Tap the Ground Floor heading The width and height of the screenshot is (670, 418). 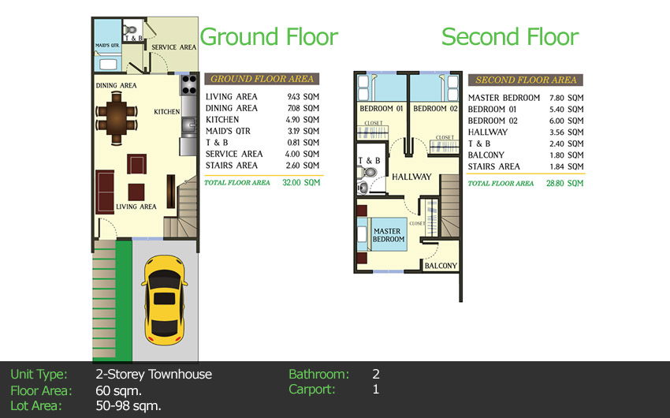tap(269, 37)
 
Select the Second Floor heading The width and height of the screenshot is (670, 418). tap(509, 37)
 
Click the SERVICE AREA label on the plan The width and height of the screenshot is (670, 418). tap(173, 47)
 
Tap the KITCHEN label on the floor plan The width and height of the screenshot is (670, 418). tap(167, 112)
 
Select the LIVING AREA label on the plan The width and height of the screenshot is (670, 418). tap(136, 207)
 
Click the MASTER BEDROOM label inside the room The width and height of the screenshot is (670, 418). tap(389, 235)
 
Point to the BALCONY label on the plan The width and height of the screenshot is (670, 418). tap(441, 267)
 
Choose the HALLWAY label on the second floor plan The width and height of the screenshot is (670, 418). tap(411, 177)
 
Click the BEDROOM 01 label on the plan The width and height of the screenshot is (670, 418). tap(381, 108)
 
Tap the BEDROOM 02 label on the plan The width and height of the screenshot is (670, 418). tap(435, 108)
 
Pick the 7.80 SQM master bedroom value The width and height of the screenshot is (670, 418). tap(567, 98)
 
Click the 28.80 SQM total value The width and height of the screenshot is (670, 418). tap(567, 183)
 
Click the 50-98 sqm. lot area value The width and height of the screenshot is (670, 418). tap(128, 406)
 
